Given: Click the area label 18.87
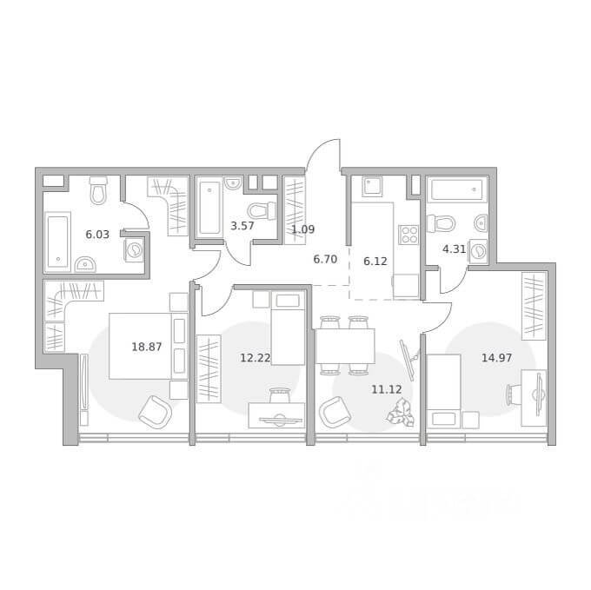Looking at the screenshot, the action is click(x=147, y=347).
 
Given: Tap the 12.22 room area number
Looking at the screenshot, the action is click(x=256, y=358).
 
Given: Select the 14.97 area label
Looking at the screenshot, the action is click(x=497, y=358).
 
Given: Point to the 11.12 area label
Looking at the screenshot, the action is click(x=387, y=389).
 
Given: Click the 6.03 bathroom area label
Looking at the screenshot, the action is click(x=97, y=235).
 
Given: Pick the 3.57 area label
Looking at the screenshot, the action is click(x=242, y=227).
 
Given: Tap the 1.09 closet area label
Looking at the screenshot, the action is click(x=303, y=229).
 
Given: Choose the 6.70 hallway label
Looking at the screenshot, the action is click(x=325, y=260).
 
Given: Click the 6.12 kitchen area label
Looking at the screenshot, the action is click(x=375, y=262).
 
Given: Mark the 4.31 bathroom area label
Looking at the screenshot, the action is click(x=455, y=249).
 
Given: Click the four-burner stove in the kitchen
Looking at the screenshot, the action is click(x=408, y=235).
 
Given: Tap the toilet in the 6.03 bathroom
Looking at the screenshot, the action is click(x=99, y=190).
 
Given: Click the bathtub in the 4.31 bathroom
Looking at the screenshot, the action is click(x=456, y=189).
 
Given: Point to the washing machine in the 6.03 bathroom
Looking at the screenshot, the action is click(x=134, y=250).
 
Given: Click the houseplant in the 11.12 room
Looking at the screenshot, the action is click(x=401, y=414).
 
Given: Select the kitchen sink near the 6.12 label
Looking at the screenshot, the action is click(x=372, y=187).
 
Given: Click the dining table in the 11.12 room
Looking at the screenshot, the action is click(x=345, y=346).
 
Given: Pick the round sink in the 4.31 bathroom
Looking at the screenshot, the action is click(x=481, y=224).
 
